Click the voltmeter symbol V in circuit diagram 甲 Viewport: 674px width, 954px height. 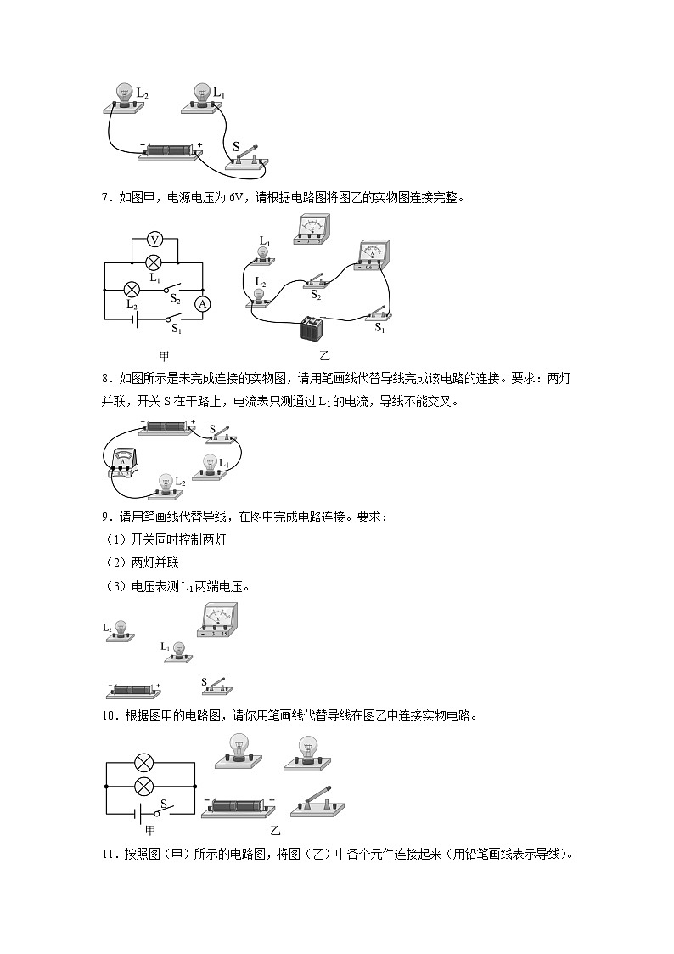click(154, 240)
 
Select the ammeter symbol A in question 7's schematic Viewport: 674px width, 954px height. click(203, 303)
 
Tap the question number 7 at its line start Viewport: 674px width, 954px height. click(104, 198)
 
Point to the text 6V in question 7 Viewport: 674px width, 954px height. click(237, 198)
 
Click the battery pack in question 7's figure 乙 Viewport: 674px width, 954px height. click(314, 327)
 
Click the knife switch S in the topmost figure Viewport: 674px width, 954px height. click(247, 156)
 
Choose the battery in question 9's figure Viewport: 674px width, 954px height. click(133, 689)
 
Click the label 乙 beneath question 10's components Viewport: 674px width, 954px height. click(274, 829)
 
